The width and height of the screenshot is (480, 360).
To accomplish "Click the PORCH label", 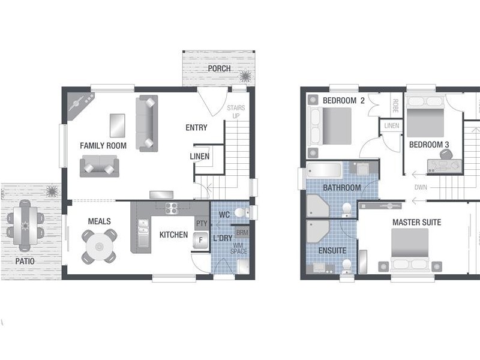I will (219, 68).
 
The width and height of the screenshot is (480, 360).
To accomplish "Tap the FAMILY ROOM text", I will (104, 146).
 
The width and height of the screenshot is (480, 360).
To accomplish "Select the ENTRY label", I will (196, 128).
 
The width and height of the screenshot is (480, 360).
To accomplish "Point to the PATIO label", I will (25, 262).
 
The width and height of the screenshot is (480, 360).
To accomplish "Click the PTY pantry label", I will (202, 223).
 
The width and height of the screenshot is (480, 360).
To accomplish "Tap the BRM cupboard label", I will (242, 232).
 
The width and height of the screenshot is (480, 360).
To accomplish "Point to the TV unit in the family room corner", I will (77, 106).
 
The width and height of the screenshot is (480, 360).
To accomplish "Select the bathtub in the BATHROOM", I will (324, 171).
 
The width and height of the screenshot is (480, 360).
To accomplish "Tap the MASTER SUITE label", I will (416, 223).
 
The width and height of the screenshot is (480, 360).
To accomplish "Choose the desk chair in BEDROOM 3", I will (445, 155).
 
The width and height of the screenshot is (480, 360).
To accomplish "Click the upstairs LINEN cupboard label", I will (391, 126).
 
